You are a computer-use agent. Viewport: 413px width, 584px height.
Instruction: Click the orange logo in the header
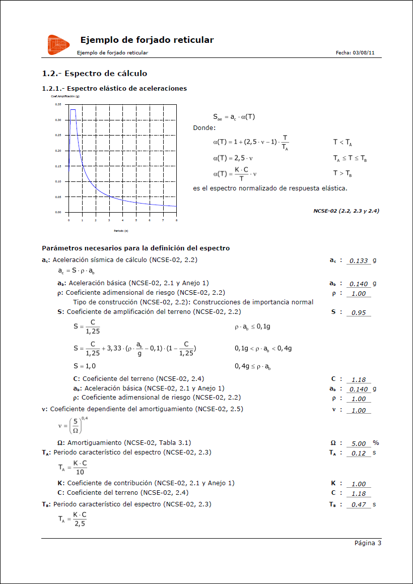point(58,45)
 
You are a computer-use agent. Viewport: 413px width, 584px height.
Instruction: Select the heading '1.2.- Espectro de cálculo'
point(95,74)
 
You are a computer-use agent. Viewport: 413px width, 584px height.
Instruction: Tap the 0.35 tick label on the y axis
point(58,104)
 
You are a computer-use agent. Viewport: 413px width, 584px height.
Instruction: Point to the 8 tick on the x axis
point(176,220)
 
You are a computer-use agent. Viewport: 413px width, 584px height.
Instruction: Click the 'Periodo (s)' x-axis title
point(120,231)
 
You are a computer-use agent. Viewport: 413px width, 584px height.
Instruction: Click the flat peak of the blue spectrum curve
point(73,110)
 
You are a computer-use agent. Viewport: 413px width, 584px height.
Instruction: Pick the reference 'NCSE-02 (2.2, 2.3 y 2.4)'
point(346,211)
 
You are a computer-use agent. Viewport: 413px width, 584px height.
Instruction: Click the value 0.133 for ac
point(359,261)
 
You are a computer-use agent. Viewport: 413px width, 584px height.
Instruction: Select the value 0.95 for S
point(359,313)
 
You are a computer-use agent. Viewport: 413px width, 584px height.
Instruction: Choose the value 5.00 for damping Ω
point(359,444)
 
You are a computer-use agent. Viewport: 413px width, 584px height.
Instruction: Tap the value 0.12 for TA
point(359,453)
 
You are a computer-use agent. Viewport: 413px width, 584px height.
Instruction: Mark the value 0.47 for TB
point(359,505)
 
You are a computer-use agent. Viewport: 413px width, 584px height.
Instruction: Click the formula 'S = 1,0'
point(85,366)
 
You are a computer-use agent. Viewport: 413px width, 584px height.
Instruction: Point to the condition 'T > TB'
point(342,173)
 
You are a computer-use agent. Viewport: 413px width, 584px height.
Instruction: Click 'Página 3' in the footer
point(368,543)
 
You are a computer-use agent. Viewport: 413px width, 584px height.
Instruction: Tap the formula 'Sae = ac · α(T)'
point(234,117)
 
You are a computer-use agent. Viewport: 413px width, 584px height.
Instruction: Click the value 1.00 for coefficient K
point(359,484)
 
